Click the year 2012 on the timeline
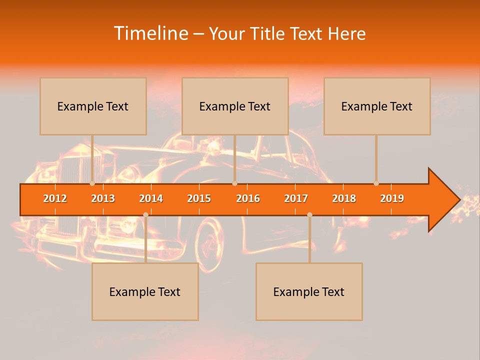(x=55, y=198)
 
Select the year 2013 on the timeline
(x=103, y=198)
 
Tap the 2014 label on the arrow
(x=151, y=198)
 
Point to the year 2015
(x=199, y=198)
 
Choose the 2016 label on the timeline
(x=248, y=198)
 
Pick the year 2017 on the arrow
(x=296, y=198)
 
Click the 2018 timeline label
(x=344, y=198)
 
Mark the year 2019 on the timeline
(x=392, y=198)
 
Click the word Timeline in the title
(x=150, y=33)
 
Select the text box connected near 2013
(x=93, y=106)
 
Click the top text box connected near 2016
(x=235, y=106)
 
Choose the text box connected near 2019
(x=377, y=106)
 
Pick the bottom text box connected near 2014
(x=145, y=291)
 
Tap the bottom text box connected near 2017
(x=309, y=291)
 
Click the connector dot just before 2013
(x=92, y=183)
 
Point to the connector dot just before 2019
(x=376, y=183)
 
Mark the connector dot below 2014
(x=145, y=214)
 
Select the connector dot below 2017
(x=309, y=214)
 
